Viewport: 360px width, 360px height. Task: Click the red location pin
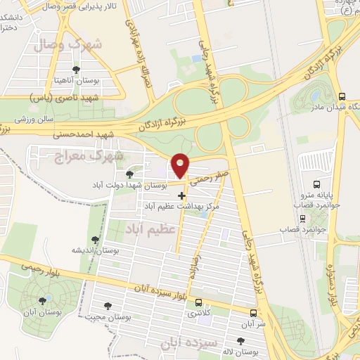point(181,165)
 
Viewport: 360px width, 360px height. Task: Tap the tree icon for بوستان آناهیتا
point(76,69)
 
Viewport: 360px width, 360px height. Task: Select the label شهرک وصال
point(78,43)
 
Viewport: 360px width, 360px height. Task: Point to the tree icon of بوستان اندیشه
point(95,239)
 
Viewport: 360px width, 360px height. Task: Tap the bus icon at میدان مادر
point(341,96)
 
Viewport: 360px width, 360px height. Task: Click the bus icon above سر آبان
point(253,311)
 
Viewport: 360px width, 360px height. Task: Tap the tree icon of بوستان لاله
point(240,340)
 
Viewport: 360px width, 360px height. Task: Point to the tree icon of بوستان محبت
point(108,305)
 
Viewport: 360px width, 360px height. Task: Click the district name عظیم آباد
point(149,229)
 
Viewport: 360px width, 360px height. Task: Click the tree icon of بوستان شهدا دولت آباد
point(129,174)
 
